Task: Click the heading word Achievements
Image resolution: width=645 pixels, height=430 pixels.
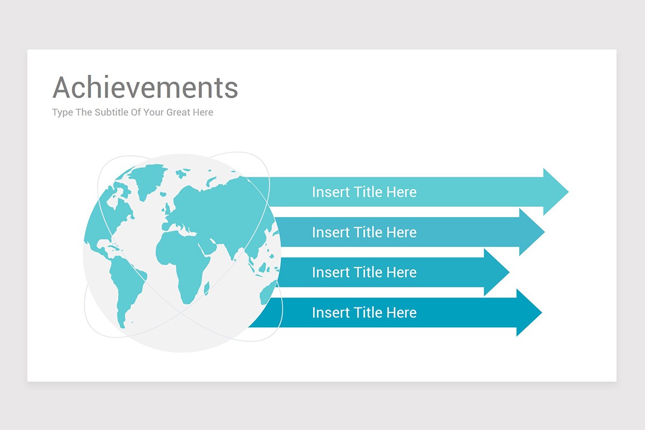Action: pos(145,87)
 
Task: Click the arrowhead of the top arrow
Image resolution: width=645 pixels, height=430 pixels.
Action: pos(556,191)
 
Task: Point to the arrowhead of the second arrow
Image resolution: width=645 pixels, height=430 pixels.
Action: pos(532,232)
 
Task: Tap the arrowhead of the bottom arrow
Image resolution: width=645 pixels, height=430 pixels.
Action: pos(529,312)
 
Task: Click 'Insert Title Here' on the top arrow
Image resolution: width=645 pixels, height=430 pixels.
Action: pos(364,192)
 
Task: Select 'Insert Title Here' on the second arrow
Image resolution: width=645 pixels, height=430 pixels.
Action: pos(364,232)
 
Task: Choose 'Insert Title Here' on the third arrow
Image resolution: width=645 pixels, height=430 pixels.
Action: pos(364,272)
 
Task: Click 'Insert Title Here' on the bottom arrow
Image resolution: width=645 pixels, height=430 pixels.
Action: pos(364,312)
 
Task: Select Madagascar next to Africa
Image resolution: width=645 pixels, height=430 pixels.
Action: pos(206,288)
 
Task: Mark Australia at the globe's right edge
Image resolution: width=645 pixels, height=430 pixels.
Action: pos(268,292)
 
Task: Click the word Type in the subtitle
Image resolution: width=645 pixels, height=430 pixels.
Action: pos(62,112)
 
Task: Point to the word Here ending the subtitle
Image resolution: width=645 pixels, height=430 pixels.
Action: pos(203,112)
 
